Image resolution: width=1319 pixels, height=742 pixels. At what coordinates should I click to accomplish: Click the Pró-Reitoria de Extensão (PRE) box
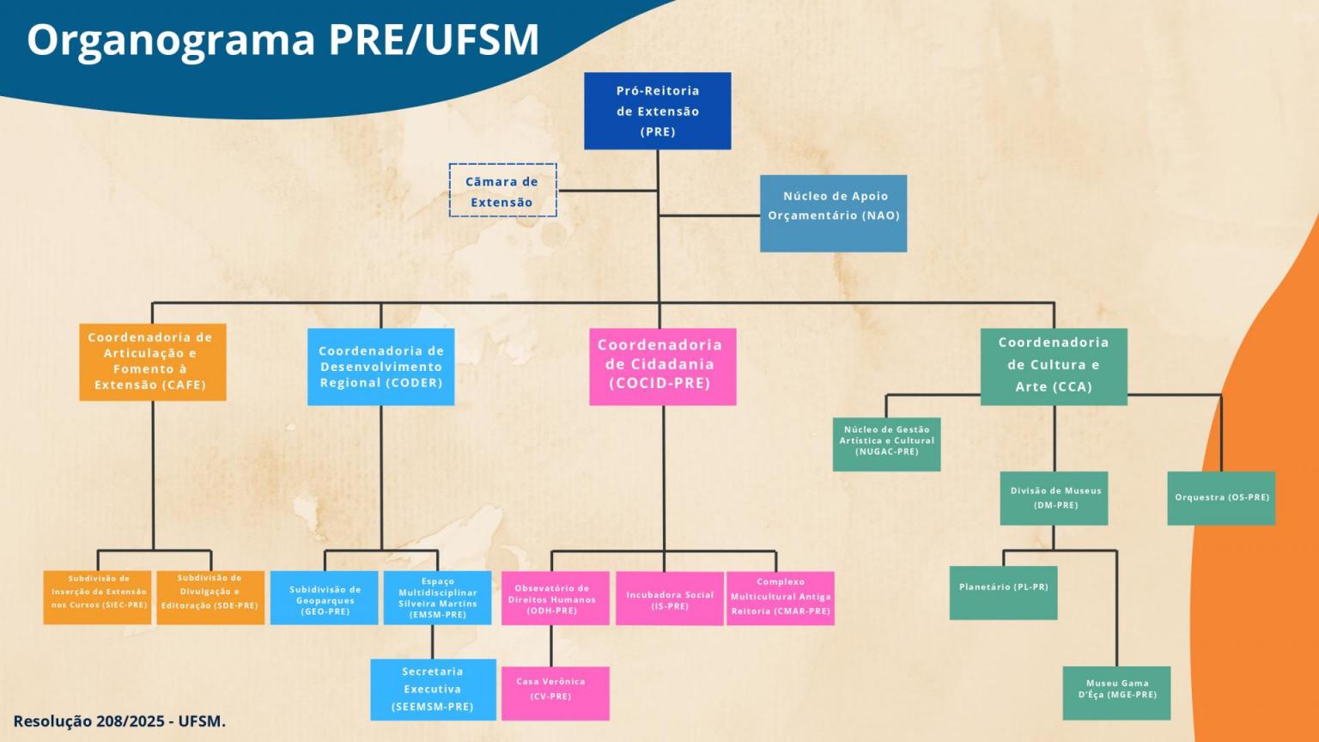[658, 111]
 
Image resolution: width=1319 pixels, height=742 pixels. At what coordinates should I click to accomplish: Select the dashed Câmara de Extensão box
[502, 191]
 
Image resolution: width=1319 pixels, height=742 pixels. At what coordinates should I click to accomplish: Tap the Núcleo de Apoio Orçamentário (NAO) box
[833, 213]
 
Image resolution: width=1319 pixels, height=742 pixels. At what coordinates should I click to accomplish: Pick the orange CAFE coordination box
[153, 362]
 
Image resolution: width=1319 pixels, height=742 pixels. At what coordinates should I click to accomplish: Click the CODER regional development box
[380, 367]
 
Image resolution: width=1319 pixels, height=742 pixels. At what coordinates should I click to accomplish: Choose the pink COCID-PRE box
[662, 366]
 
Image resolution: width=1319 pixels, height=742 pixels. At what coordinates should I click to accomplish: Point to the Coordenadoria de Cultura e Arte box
[1054, 366]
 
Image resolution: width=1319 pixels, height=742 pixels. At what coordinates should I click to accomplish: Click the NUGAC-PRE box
[886, 444]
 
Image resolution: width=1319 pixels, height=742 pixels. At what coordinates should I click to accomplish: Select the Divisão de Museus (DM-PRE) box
[1054, 498]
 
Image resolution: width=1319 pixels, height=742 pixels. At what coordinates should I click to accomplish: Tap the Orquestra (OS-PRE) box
[1221, 498]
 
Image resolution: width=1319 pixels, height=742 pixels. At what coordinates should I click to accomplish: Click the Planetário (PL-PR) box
[1003, 593]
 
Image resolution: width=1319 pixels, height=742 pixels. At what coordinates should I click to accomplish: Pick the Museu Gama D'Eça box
[1116, 693]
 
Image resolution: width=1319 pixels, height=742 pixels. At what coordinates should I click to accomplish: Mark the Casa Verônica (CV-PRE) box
[555, 693]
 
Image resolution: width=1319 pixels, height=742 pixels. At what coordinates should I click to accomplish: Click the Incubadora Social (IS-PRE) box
[669, 599]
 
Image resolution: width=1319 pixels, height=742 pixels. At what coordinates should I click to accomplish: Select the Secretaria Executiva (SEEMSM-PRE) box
[433, 689]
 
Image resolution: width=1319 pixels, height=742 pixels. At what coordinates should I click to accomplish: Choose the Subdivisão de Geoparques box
[324, 598]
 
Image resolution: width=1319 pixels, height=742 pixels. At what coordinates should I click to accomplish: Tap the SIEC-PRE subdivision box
[98, 598]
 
